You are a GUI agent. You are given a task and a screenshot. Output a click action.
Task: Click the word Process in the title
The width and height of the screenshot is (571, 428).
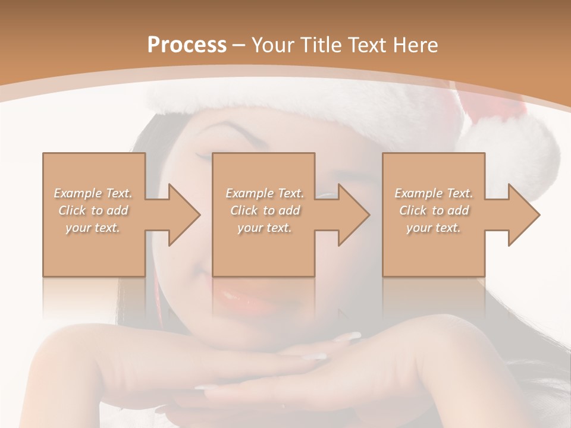click(x=187, y=45)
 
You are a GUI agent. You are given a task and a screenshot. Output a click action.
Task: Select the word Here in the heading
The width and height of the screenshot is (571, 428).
click(x=416, y=45)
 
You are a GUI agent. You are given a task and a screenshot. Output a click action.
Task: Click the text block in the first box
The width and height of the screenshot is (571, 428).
click(x=93, y=210)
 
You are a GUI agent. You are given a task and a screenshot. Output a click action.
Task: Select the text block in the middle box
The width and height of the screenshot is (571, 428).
click(x=264, y=210)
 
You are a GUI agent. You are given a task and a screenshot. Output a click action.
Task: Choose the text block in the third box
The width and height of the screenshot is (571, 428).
click(x=434, y=210)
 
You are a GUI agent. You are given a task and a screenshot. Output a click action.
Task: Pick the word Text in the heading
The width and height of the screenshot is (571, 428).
click(x=368, y=45)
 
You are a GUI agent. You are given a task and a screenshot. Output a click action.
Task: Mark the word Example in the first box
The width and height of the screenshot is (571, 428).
click(x=78, y=193)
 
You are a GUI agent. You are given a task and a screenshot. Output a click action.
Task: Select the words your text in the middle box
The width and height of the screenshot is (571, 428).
click(x=264, y=228)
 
